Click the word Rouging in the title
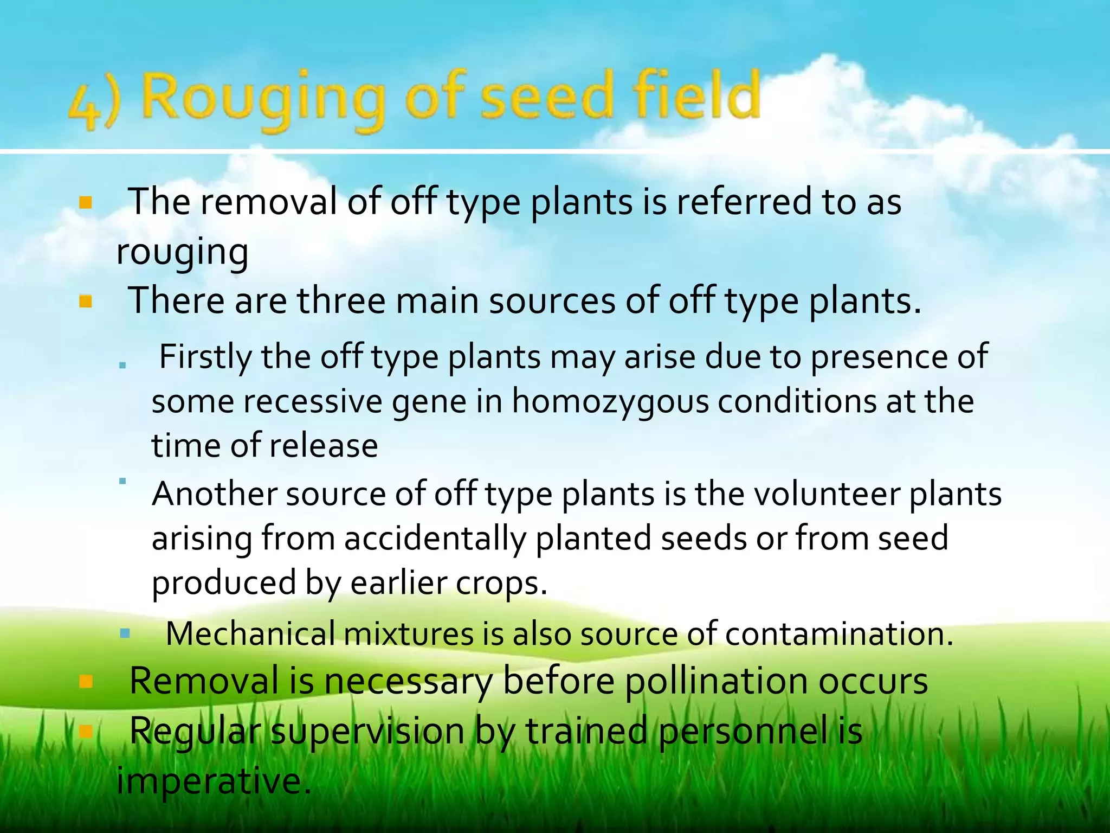pyautogui.click(x=263, y=100)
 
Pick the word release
pyautogui.click(x=324, y=446)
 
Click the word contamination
pyautogui.click(x=838, y=634)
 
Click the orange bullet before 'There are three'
pyautogui.click(x=86, y=302)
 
